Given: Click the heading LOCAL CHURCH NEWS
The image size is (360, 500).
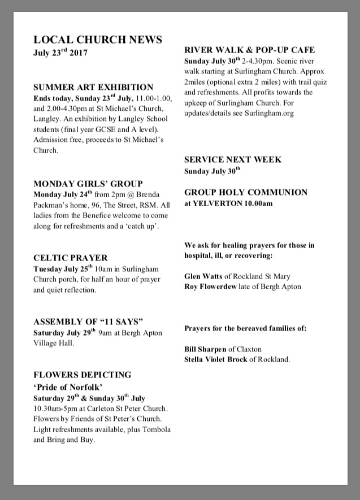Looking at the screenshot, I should pyautogui.click(x=98, y=40).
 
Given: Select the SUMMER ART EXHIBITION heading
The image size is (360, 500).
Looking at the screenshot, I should pyautogui.click(x=93, y=87).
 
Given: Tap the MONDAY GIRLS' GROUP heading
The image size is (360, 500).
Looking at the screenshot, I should pyautogui.click(x=88, y=184).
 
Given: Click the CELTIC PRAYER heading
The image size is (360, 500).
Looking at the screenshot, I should pyautogui.click(x=70, y=258).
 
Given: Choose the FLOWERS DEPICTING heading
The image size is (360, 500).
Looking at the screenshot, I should pyautogui.click(x=83, y=375).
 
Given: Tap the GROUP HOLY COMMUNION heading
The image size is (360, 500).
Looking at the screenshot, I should pyautogui.click(x=246, y=192).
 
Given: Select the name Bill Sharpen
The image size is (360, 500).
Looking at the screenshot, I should pyautogui.click(x=206, y=349).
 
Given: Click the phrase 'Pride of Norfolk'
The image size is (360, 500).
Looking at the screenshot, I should pyautogui.click(x=67, y=387).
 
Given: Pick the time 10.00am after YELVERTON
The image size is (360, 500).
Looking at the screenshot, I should pyautogui.click(x=257, y=203).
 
